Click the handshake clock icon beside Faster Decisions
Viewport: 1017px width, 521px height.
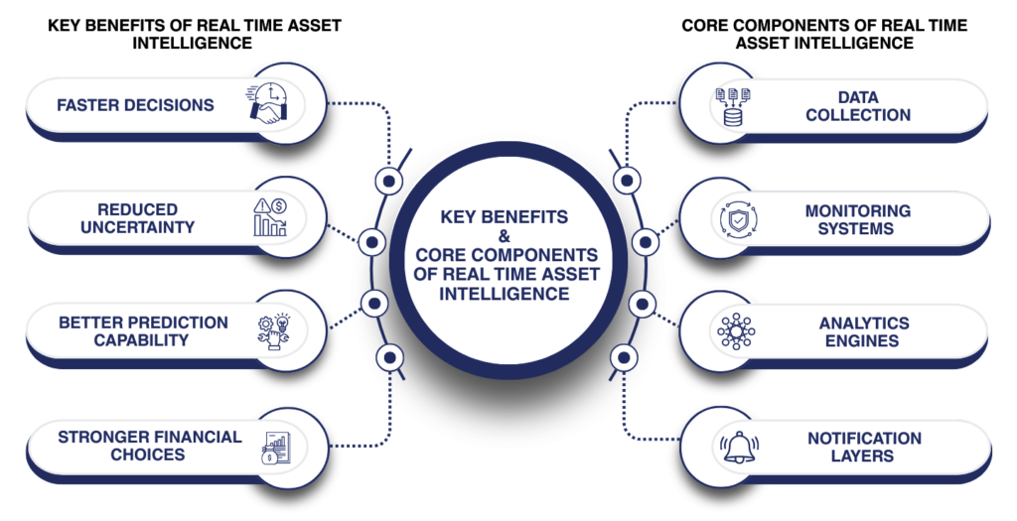267,104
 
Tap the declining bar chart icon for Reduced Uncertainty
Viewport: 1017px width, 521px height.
269,217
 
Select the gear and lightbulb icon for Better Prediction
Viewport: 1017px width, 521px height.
269,331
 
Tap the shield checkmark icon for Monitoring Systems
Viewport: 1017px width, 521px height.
735,219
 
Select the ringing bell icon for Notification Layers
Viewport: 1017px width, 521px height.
737,447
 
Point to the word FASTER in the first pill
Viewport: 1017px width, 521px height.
92,105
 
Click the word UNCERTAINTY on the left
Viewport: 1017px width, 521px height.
138,227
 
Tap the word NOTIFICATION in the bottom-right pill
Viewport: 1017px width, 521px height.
863,439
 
